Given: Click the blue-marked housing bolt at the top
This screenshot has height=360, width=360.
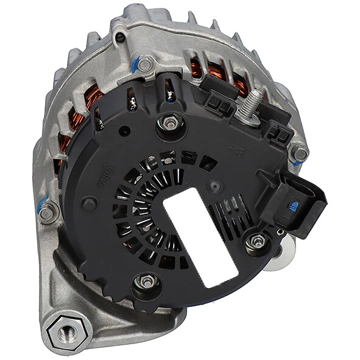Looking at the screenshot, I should coord(145,63).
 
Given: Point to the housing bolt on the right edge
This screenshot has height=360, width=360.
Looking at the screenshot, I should coord(299,153).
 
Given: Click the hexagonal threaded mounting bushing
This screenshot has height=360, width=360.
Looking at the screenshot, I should coord(65,331).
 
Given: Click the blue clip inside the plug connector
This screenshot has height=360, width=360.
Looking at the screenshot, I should coord(294,206).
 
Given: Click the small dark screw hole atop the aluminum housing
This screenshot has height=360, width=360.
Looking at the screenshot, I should coord(121,38).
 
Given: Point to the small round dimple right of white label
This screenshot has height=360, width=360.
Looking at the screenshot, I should coord(214,184).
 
